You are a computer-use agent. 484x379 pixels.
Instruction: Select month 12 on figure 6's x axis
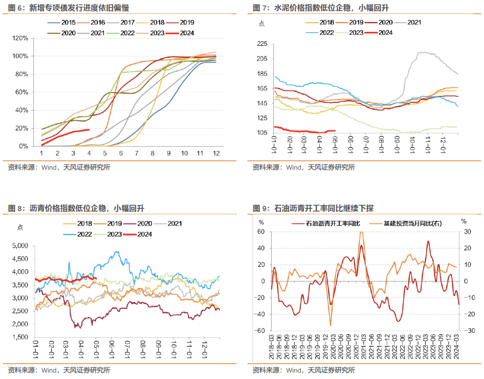click(x=216, y=153)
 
